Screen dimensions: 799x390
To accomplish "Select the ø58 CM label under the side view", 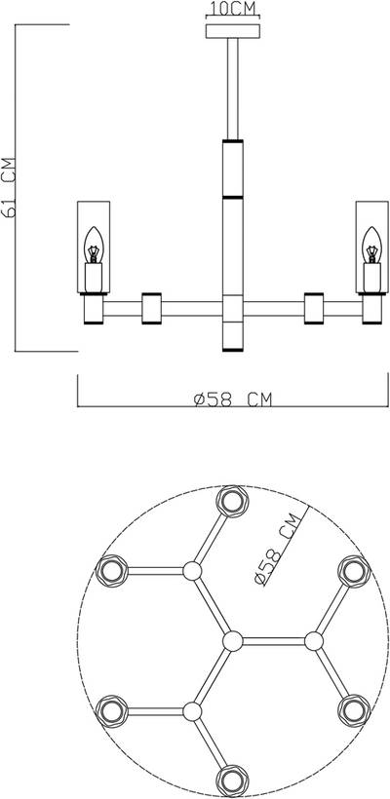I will click(x=232, y=399).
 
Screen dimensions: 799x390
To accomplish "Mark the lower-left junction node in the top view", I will click(x=192, y=709).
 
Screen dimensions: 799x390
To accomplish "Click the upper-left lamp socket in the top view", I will click(x=111, y=570).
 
